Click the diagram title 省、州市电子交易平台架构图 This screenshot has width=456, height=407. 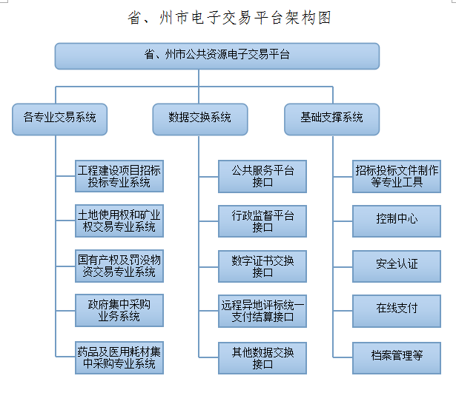coord(229,18)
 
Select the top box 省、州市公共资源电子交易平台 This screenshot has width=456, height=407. coord(217,56)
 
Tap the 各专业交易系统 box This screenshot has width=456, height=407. coord(59,119)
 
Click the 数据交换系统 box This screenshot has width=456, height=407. coord(200,119)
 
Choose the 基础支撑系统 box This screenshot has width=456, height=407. coord(332,119)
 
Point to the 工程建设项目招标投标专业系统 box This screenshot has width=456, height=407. coord(119,176)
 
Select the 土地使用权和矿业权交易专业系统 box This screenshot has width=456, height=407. coord(119,221)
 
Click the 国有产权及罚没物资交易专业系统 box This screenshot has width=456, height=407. coord(119,266)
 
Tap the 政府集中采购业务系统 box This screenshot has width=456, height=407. coord(119,310)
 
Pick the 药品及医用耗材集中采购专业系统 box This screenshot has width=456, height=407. coord(119,357)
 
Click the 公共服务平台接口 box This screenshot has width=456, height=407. coord(262,176)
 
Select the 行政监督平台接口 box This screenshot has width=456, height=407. coord(262,221)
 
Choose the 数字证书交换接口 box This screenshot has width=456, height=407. coord(262,266)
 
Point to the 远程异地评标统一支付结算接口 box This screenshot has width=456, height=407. coord(262,311)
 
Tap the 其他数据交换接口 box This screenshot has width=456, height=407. coord(262,358)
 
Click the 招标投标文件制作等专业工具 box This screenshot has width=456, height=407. coord(397,176)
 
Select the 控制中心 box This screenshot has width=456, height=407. coord(397,221)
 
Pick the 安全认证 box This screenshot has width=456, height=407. coord(397,266)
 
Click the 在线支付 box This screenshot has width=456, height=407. coord(397,311)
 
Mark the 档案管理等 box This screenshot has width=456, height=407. coord(397,358)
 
